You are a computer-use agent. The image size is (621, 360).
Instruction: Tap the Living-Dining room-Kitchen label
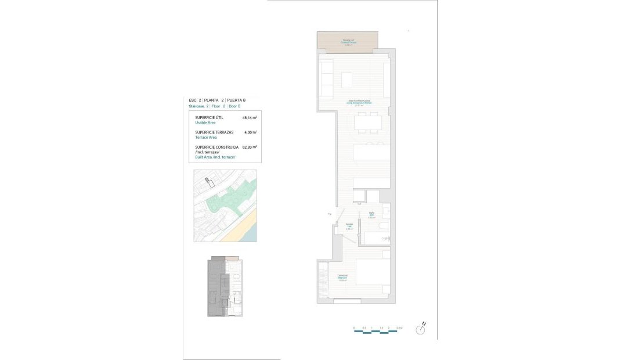(360, 103)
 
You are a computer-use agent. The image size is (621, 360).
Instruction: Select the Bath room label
(371, 214)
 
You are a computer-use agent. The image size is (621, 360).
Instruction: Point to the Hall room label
(349, 226)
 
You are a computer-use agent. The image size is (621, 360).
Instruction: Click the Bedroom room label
(342, 278)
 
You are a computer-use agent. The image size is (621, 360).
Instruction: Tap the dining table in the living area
(368, 122)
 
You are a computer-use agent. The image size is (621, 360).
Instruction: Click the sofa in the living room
(325, 78)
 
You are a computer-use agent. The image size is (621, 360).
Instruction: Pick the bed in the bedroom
(372, 277)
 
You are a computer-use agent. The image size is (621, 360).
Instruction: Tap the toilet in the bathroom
(384, 225)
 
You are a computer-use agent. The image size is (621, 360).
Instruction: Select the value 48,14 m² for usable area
(250, 118)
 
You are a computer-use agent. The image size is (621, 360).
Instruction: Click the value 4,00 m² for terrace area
(250, 132)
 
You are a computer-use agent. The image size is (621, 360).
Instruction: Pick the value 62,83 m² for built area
(250, 147)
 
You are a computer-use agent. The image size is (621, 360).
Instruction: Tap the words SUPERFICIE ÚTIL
(209, 118)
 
